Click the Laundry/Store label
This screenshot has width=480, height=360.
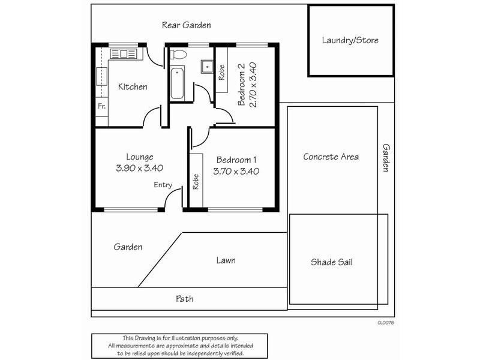pos(350,41)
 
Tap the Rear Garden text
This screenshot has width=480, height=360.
pos(186,25)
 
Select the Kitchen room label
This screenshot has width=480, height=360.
pos(132,87)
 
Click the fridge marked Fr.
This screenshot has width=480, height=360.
pos(101,107)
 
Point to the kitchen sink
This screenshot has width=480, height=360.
pos(124,54)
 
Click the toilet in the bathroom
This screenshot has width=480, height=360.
pos(178,55)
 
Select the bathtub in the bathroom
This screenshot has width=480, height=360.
pos(177,84)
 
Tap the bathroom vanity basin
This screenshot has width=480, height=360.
pos(207,66)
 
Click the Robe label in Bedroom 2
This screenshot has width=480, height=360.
pos(221,73)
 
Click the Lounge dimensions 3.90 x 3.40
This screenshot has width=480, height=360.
pos(140,169)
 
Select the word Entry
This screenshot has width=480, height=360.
pos(163,185)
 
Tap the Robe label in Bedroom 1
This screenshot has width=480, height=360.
pos(196,182)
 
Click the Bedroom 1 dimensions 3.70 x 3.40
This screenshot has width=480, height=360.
pos(236,171)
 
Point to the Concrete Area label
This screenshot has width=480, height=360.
pos(331,157)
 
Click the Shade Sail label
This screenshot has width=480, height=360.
pos(335,262)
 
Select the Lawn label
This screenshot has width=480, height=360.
pos(226,260)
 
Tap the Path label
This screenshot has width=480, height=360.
pos(184,298)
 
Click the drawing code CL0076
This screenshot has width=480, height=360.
pos(385,322)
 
